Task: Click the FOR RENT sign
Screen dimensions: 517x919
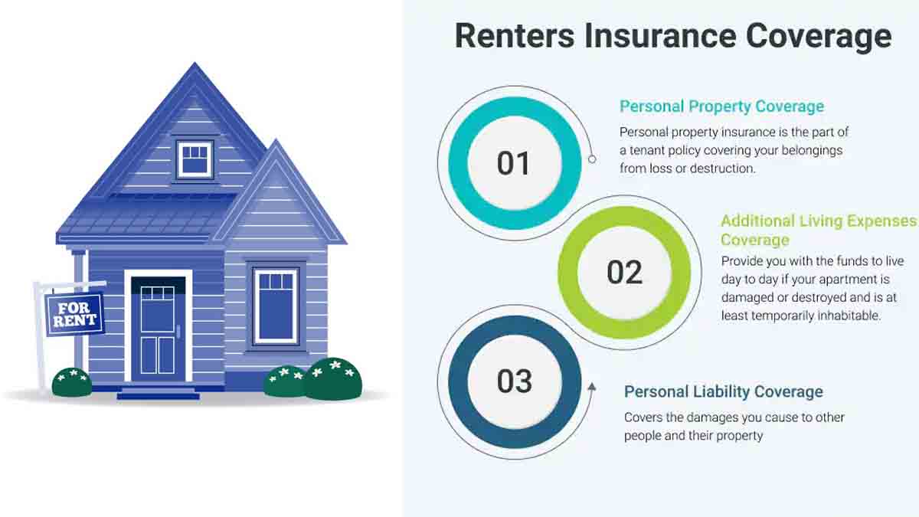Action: (74, 312)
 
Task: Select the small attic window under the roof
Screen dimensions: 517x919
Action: (195, 159)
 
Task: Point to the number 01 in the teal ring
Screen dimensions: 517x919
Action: (513, 163)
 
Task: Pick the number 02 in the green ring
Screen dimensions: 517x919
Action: (624, 273)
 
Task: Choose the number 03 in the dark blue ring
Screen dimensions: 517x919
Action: (514, 381)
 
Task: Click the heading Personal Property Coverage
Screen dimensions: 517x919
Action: (721, 106)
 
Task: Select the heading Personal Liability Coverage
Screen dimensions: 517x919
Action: (723, 391)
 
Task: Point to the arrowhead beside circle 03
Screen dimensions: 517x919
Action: (592, 388)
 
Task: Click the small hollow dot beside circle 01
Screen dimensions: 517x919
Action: (592, 159)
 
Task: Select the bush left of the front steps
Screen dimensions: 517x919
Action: (71, 381)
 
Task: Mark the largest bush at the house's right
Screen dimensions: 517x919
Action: (333, 378)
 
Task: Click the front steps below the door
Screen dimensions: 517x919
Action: (158, 393)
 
